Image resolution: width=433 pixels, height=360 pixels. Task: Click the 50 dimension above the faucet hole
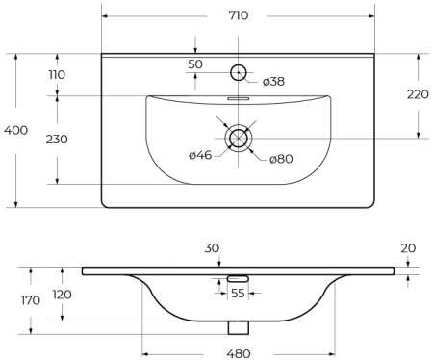(195, 64)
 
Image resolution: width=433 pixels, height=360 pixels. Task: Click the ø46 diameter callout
(200, 155)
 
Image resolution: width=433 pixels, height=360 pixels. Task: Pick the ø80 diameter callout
(279, 158)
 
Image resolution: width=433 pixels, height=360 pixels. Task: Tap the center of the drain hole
(237, 138)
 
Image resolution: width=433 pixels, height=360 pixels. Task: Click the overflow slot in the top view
(237, 98)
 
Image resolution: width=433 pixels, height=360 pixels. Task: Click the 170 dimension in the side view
(30, 299)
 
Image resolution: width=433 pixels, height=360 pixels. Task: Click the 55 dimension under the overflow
(238, 294)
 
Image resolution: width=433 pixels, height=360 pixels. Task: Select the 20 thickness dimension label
(408, 248)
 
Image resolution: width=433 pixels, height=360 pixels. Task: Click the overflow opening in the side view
(238, 280)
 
